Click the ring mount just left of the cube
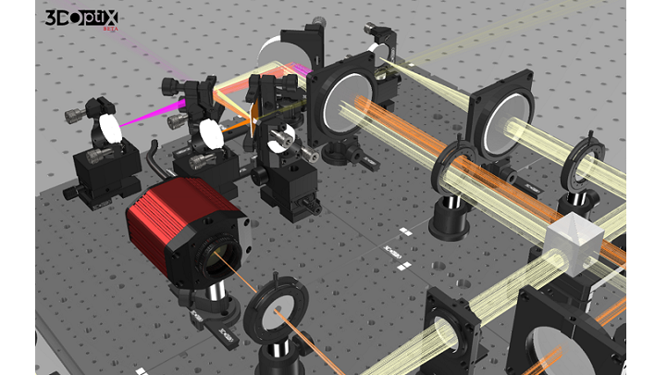(452, 167)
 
